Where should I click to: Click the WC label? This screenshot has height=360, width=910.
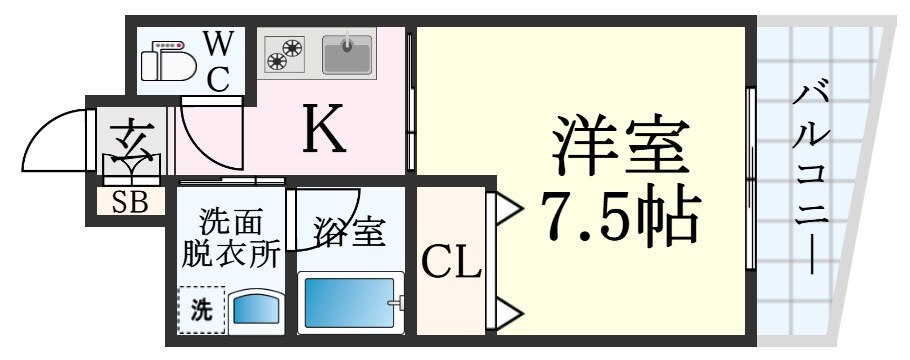(219, 60)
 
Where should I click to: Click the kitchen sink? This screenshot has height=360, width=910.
(347, 54)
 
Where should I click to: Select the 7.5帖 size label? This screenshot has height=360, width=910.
(618, 214)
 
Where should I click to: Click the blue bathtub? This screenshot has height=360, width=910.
(350, 303)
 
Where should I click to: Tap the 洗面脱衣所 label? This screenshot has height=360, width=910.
(230, 237)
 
